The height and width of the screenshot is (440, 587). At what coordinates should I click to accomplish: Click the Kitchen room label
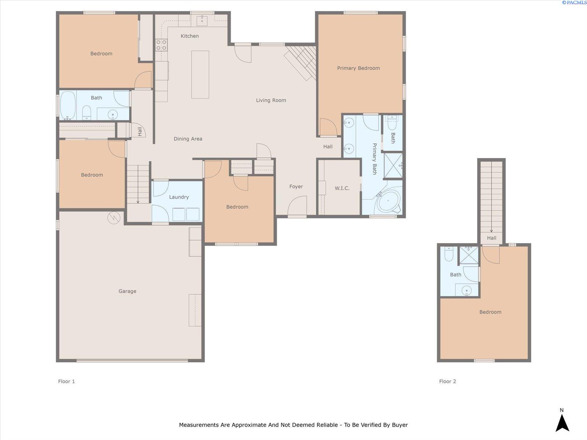(x=190, y=36)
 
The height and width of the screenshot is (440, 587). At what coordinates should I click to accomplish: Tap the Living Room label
(x=271, y=100)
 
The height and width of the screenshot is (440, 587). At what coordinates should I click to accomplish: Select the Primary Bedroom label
(x=358, y=68)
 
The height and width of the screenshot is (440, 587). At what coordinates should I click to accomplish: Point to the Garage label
(x=127, y=291)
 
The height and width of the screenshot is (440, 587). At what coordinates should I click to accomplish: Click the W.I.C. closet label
(x=342, y=188)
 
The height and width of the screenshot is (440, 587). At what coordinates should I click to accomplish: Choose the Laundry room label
(x=179, y=197)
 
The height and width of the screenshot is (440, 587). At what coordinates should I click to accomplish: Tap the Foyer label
(x=296, y=187)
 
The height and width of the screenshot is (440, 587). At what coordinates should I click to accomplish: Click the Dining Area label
(x=188, y=139)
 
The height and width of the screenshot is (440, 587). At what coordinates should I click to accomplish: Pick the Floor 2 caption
(x=447, y=381)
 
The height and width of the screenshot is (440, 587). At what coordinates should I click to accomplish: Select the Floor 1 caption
(x=66, y=381)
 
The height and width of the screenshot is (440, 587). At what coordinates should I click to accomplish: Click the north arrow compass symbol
(x=562, y=423)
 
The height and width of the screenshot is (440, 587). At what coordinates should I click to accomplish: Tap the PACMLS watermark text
(x=574, y=3)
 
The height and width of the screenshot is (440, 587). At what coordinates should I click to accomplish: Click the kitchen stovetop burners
(x=161, y=45)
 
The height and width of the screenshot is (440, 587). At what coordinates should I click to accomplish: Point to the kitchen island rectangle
(x=200, y=74)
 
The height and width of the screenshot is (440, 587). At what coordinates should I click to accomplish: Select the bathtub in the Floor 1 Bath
(x=68, y=106)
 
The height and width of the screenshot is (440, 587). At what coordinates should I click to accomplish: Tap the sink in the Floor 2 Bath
(x=467, y=290)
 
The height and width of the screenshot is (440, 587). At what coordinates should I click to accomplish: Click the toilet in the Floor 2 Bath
(x=449, y=254)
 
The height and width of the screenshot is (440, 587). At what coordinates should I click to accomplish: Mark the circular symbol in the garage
(x=114, y=218)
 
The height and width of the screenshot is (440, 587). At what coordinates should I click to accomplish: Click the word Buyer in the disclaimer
(x=400, y=425)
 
